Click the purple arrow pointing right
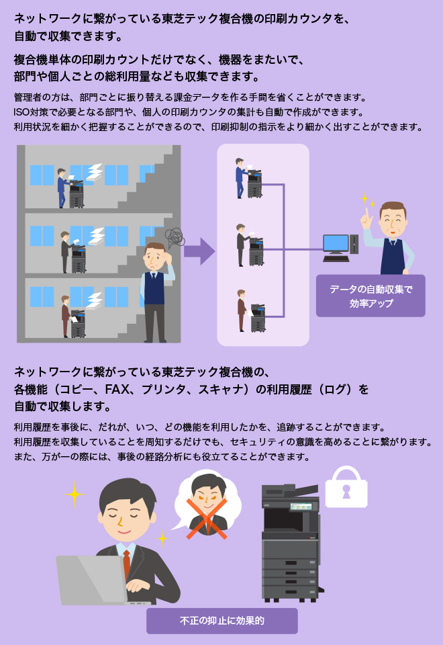pos(199,251)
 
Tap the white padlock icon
pos(346,487)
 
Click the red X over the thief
pos(206,518)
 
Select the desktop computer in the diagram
pos(337,247)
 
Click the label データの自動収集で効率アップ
pos(371,296)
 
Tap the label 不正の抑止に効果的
pos(222,621)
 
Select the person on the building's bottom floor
pos(65,316)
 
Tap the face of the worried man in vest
pos(155,259)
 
